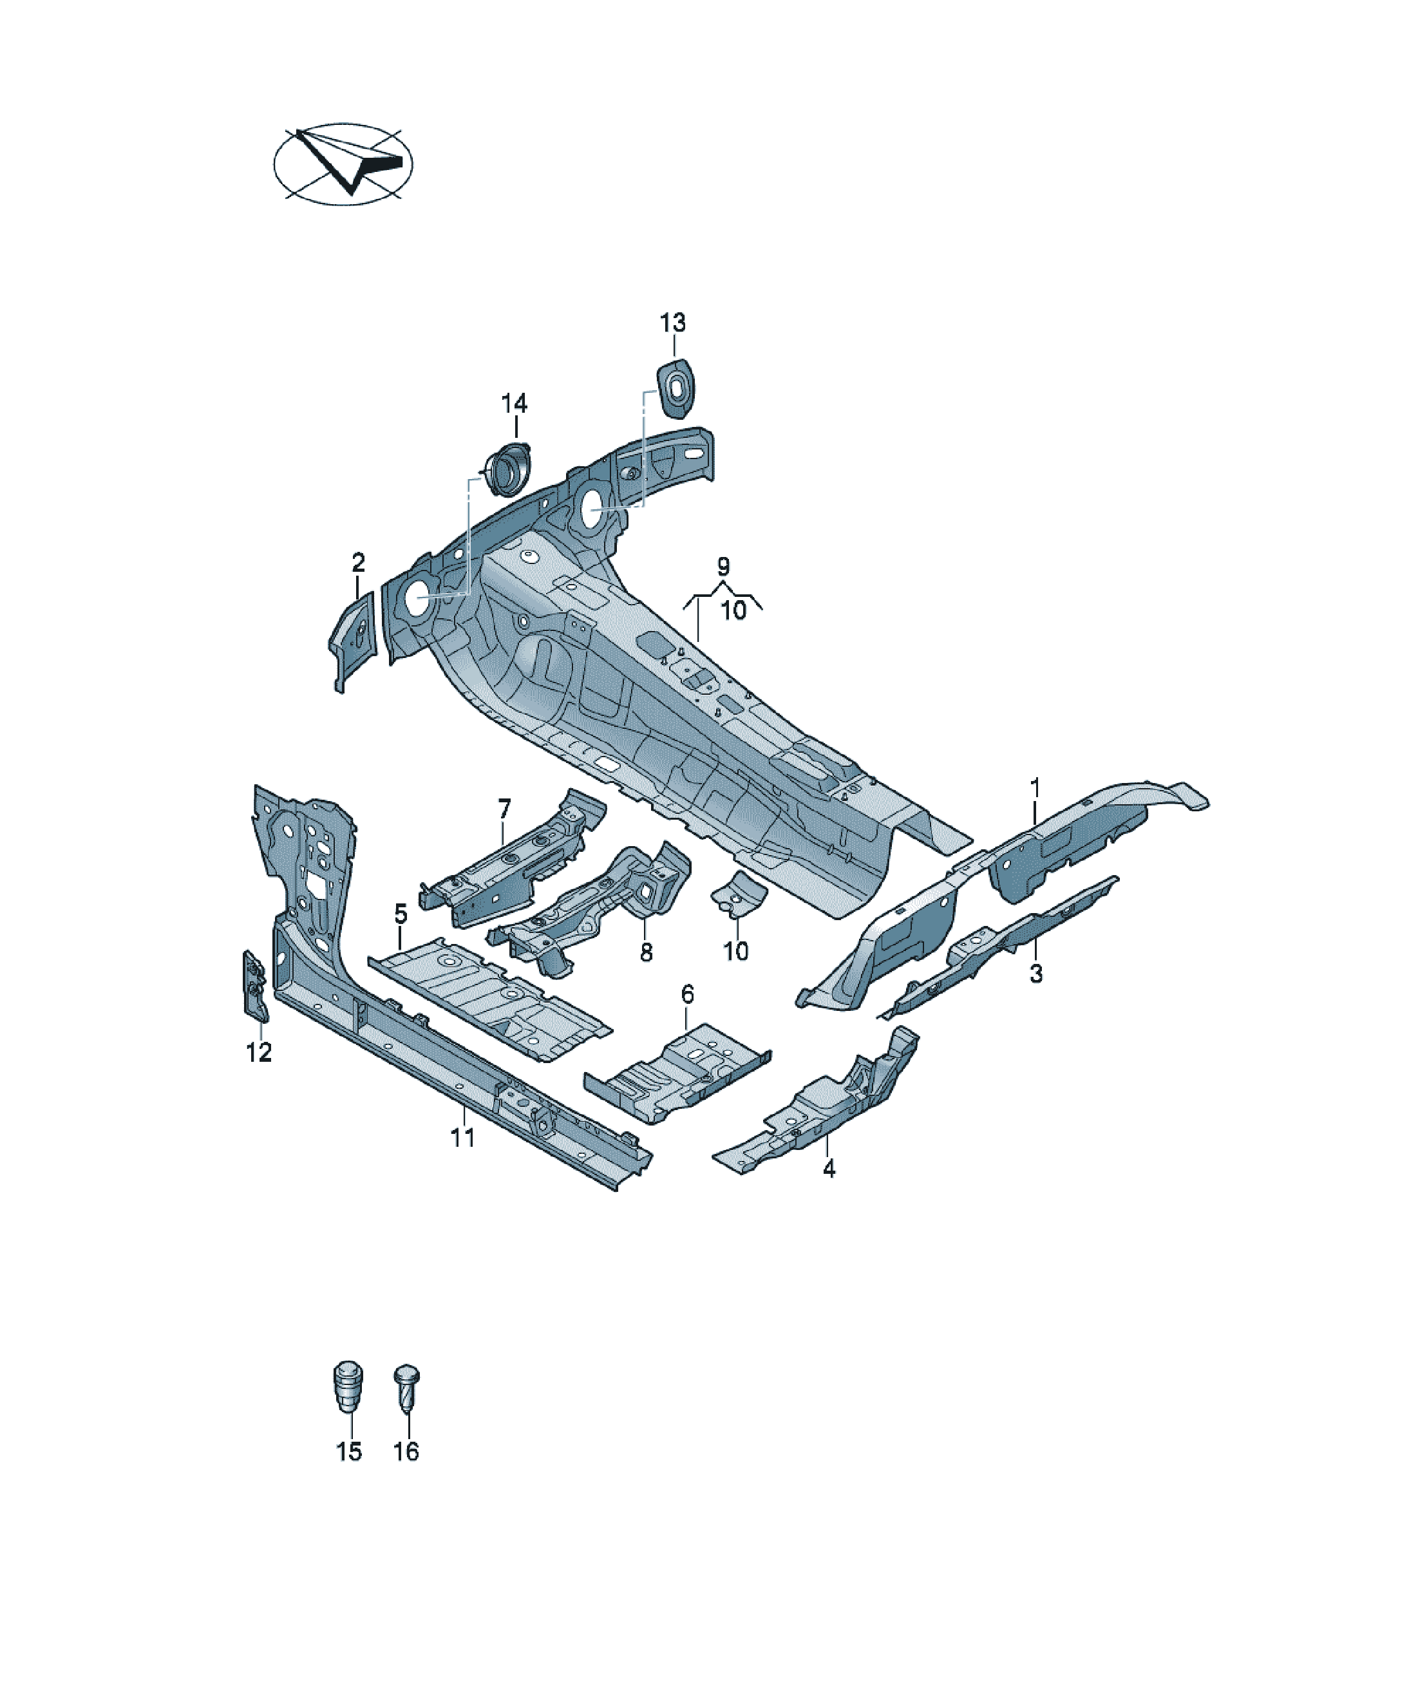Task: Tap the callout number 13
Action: pos(672,323)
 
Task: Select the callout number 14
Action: pos(514,403)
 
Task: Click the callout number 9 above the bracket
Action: pos(723,567)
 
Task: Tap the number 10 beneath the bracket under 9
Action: pos(733,610)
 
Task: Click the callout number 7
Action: pos(504,809)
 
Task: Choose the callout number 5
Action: pos(400,914)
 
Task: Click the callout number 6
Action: pos(688,994)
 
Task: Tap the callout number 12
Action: pos(259,1053)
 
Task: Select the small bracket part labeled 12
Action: pos(255,985)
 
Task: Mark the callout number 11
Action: pos(462,1138)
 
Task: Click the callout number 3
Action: pos(1036,974)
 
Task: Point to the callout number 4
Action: pos(829,1169)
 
